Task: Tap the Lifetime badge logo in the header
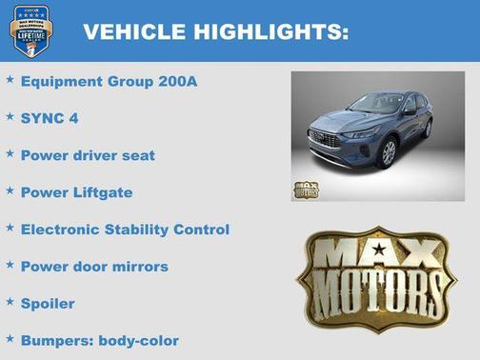30,30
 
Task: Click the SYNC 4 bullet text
49,118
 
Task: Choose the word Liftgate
99,192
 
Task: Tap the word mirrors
139,267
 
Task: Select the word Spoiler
48,304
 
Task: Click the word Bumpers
53,340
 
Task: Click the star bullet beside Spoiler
10,302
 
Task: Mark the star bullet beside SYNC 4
10,116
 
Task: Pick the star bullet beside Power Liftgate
10,190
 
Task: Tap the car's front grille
326,140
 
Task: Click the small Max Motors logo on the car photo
306,189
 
